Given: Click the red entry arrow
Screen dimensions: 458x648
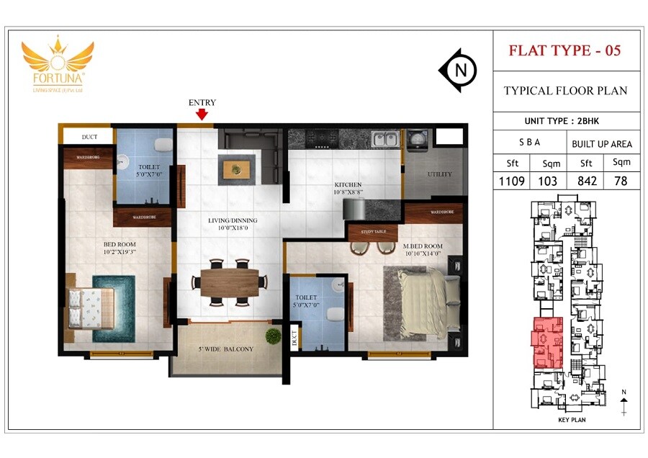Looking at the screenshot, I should (x=202, y=114).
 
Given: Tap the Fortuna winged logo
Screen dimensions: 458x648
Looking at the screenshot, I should (x=58, y=62).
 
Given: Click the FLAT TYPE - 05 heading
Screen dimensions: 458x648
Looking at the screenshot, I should (x=565, y=50).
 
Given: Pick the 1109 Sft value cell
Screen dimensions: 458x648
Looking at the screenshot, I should (x=512, y=181).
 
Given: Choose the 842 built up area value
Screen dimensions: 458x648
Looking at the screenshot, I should (x=587, y=181).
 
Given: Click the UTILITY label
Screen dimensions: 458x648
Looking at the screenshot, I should (x=440, y=174).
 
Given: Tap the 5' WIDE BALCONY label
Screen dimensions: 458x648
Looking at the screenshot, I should (x=225, y=349).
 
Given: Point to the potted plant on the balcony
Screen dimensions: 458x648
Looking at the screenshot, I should (x=273, y=336).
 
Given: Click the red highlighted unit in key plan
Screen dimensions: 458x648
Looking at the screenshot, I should (x=547, y=343).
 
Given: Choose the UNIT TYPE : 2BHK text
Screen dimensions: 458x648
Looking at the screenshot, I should (x=566, y=121).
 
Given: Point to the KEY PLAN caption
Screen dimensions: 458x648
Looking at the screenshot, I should (x=573, y=419).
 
